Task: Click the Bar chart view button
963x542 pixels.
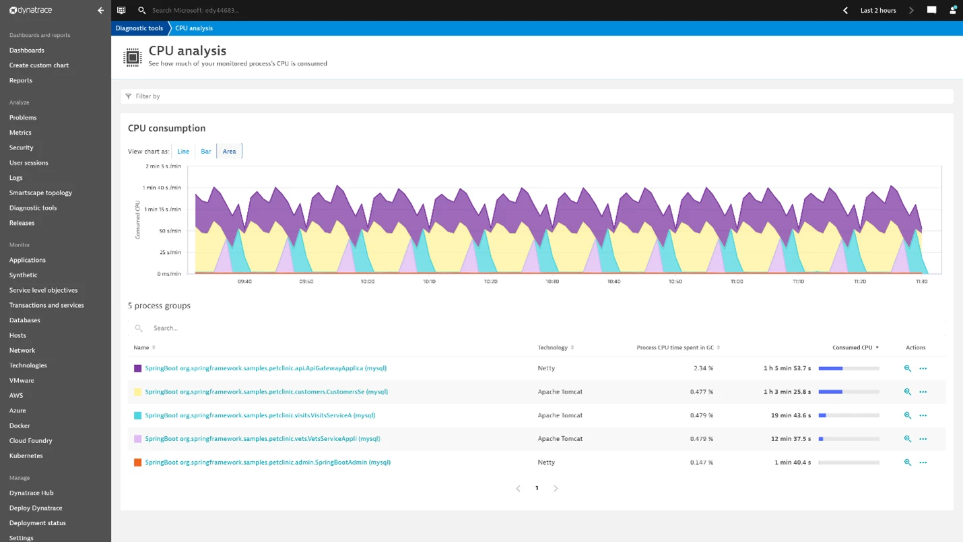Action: (205, 151)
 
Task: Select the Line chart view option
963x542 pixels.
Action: (183, 151)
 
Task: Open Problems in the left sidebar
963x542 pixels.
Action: (23, 117)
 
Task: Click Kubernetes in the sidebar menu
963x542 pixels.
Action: (26, 456)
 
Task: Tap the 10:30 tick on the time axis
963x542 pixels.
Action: (552, 281)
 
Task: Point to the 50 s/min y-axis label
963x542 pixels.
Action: (170, 231)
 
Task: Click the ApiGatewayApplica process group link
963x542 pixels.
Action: (265, 368)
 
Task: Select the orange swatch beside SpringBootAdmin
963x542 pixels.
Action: (137, 463)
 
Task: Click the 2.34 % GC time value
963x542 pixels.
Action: (703, 368)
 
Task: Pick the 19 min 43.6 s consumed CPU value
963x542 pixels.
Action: (791, 415)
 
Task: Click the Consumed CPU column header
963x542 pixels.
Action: (853, 347)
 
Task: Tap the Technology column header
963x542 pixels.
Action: (553, 347)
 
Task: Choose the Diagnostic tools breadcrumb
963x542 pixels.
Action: (139, 28)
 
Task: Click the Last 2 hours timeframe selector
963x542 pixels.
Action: (878, 10)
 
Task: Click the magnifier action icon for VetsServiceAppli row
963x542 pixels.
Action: (907, 439)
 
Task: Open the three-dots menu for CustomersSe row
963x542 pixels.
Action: (923, 392)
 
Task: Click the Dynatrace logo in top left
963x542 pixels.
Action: (31, 10)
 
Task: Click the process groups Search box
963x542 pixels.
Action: (337, 328)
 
